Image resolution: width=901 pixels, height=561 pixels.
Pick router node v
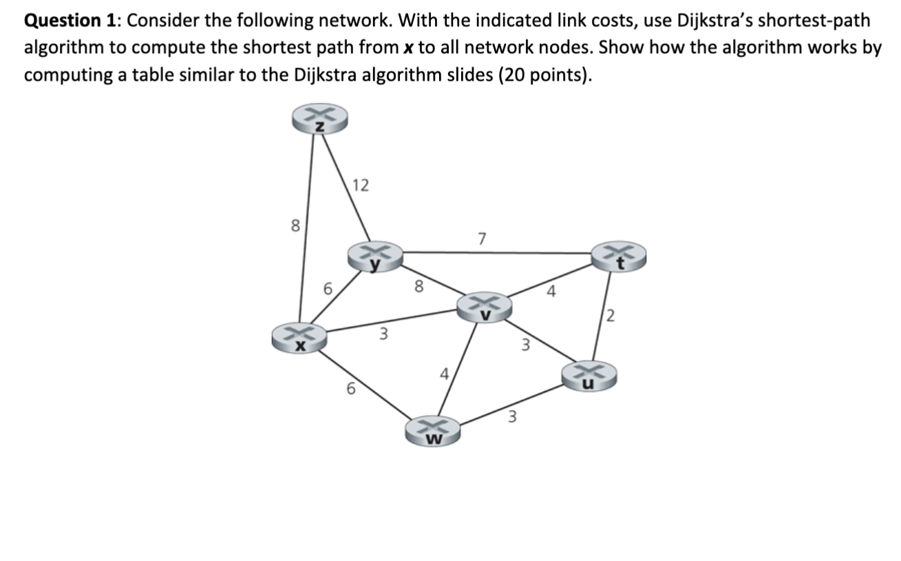(x=487, y=307)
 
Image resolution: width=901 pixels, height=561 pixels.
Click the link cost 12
(x=360, y=185)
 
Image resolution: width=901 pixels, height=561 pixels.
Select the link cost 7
(x=482, y=239)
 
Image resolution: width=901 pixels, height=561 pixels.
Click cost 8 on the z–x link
(x=295, y=225)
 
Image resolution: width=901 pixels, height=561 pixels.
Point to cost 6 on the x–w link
(x=350, y=389)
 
